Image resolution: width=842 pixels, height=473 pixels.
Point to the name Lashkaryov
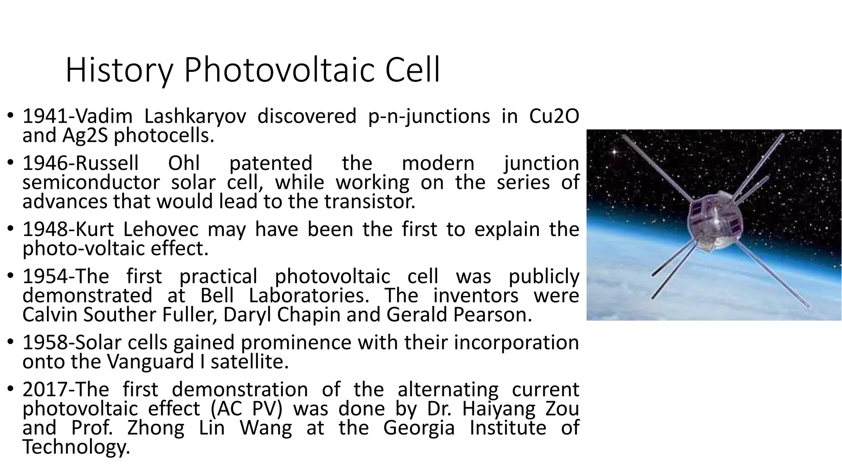[x=195, y=117]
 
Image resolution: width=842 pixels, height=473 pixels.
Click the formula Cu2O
[x=554, y=117]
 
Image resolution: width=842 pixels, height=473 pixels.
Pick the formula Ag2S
[x=85, y=136]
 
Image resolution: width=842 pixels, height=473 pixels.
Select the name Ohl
[x=184, y=163]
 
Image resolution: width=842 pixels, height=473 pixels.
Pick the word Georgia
[x=419, y=428]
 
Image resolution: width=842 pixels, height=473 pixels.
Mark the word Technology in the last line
[x=76, y=447]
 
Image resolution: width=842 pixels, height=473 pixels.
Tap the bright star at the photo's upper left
[x=614, y=152]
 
